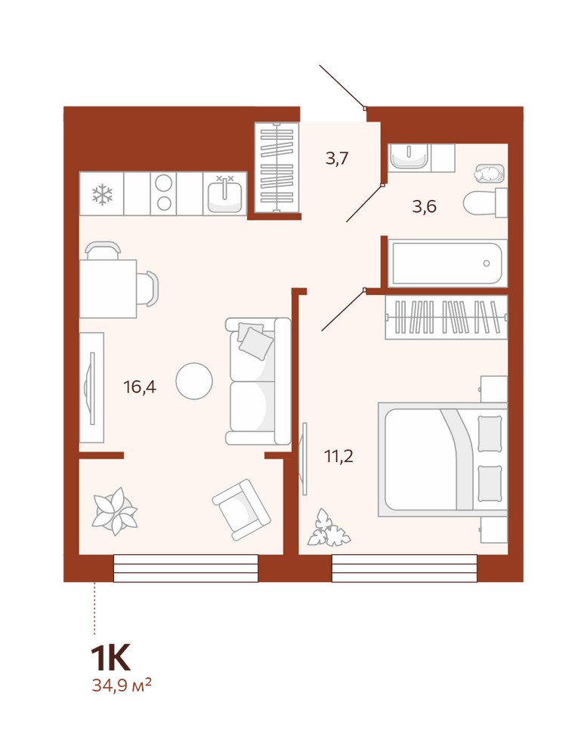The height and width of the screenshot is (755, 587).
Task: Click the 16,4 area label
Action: pos(140,387)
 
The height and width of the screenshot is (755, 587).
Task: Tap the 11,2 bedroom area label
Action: pos(338,455)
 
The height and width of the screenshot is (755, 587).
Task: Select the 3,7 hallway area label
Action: pos(337,158)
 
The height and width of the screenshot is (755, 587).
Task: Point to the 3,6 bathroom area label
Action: pos(424,207)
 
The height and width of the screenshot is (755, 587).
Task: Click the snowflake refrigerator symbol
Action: pos(102,195)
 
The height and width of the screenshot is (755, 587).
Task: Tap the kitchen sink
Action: pos(224,193)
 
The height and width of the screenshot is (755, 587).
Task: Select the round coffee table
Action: pos(194,381)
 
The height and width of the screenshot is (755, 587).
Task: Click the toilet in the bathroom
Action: pos(485,203)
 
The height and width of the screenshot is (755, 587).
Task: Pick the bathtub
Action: pos(447,263)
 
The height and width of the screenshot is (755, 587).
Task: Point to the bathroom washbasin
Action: pos(409,156)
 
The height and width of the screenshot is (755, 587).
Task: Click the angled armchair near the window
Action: pos(242,510)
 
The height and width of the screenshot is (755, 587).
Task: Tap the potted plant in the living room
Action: pos(115,511)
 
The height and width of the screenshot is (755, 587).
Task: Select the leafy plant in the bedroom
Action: pos(328,528)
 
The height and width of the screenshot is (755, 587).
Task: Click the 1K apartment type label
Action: pos(111,658)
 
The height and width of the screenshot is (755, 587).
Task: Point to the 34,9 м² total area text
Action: pos(122,685)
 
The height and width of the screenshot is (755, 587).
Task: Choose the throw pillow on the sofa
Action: pos(256,344)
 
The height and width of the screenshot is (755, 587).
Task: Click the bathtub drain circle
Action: pos(487,263)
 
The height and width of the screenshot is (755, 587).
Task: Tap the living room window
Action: pos(186,569)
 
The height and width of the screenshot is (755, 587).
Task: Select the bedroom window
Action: pos(404,569)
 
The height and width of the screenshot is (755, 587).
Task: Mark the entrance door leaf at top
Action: pos(341,86)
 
